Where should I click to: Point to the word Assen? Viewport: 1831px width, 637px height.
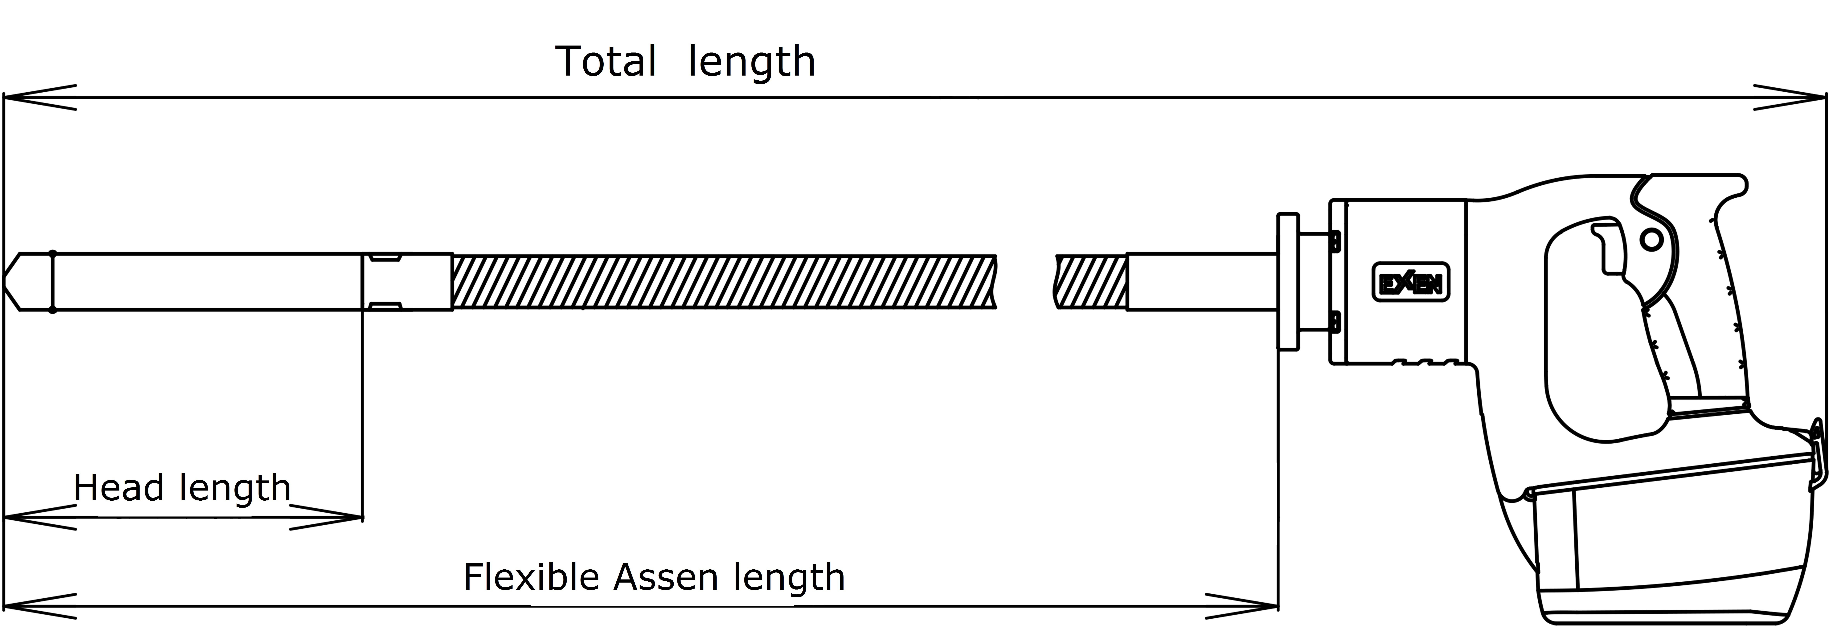click(x=666, y=577)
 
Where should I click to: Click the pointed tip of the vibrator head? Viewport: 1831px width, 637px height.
click(x=4, y=281)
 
